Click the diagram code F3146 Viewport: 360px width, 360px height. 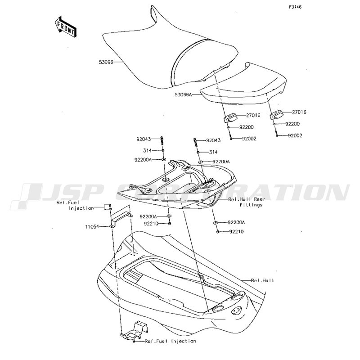tap(295, 7)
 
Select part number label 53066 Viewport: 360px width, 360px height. tap(106, 62)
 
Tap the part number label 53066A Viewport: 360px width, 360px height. tap(183, 94)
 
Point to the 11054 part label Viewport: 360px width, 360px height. tap(92, 227)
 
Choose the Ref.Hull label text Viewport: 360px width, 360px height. tap(262, 280)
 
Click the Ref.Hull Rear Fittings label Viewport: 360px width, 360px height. tap(247, 202)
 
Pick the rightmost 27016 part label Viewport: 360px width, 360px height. tap(299, 112)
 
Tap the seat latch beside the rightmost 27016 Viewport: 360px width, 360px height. tap(276, 115)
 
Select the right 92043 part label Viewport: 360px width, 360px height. tap(213, 140)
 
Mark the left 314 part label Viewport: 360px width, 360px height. tap(148, 151)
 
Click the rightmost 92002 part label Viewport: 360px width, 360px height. tap(295, 136)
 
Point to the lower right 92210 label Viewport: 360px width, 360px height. tap(237, 232)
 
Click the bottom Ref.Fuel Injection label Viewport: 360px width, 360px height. tap(171, 341)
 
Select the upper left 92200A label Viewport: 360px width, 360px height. tap(143, 160)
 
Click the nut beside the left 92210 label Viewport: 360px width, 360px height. tap(170, 223)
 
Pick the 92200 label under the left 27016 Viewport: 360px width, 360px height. tap(246, 127)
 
